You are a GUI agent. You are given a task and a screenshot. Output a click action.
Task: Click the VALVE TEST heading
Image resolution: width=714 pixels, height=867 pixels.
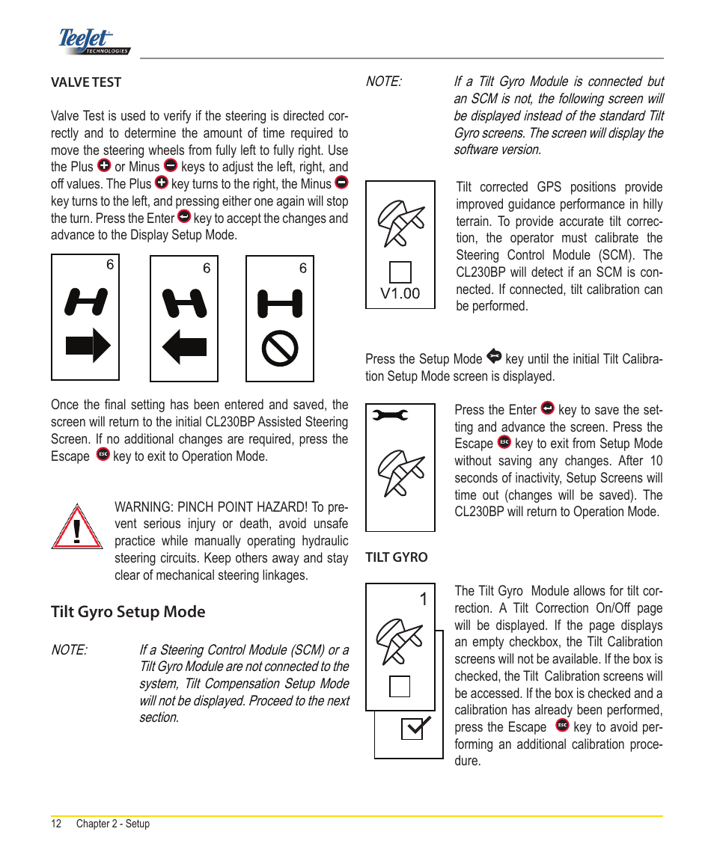click(86, 82)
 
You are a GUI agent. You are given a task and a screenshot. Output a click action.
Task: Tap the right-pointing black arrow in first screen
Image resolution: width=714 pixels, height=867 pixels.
click(88, 346)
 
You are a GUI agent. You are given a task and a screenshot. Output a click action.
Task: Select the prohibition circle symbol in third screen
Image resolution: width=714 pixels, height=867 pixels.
click(280, 348)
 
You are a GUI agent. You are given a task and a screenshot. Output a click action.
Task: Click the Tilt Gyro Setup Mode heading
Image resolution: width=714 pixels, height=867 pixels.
click(128, 612)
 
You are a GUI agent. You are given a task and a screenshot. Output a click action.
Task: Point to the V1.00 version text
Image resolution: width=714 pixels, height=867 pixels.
click(400, 294)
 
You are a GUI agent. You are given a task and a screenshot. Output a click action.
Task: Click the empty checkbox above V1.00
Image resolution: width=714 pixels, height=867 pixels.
click(400, 272)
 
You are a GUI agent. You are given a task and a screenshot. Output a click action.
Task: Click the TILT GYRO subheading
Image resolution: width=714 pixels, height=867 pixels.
click(397, 557)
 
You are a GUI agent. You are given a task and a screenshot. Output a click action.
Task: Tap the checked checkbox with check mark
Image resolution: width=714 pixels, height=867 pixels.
click(414, 728)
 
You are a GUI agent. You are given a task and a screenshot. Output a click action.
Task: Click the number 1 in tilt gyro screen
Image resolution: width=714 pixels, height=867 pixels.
click(424, 599)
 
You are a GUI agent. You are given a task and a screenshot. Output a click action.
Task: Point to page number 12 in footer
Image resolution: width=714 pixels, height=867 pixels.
click(56, 824)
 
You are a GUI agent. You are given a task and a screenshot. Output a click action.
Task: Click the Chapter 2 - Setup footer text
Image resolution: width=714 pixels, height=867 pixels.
click(113, 824)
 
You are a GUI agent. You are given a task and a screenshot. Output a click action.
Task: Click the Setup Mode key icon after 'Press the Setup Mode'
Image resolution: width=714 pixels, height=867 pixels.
click(493, 357)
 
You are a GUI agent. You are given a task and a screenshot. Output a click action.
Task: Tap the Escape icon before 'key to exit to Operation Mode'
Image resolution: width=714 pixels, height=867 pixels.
click(103, 455)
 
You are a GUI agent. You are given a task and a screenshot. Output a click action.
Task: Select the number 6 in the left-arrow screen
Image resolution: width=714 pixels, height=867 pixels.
click(207, 269)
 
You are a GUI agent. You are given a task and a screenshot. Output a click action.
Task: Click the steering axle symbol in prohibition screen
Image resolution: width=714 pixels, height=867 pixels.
click(280, 304)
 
